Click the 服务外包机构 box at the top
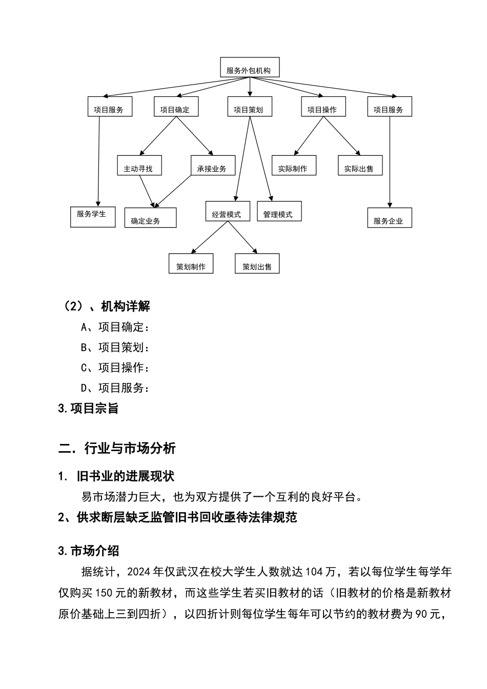point(250,68)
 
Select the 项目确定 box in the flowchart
point(176,107)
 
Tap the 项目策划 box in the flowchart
point(249,107)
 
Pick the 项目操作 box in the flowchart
point(323,107)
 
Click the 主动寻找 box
point(139,166)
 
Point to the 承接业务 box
point(213,166)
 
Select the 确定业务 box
point(150,218)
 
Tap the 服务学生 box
point(93,217)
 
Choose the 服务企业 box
point(390,218)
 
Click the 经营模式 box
point(228,211)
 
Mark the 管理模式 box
point(279,211)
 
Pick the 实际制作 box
point(294,166)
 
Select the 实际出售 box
point(360,166)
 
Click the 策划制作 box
point(191,264)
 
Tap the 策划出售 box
point(257,264)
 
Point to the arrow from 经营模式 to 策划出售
point(242,237)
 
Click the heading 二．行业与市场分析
point(117,449)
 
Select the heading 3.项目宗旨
point(88,409)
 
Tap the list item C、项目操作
point(115,368)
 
